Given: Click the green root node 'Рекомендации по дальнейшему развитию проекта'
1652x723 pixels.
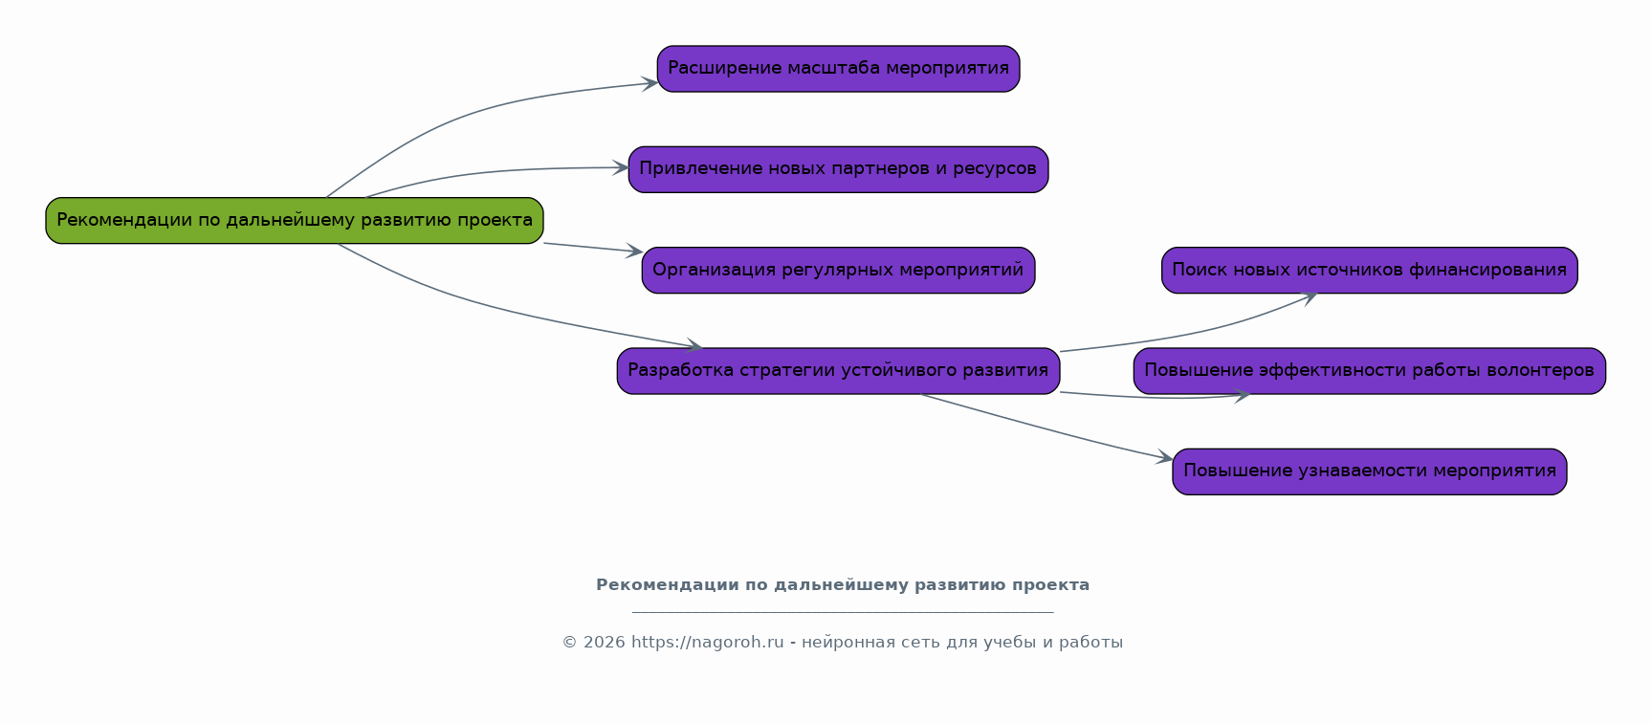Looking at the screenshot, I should tap(295, 221).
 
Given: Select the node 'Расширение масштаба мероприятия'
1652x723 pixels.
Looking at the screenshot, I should tap(838, 69).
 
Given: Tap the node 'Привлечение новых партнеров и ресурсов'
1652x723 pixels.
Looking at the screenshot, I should tap(838, 169).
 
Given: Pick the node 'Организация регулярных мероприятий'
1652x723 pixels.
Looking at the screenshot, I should tap(838, 271).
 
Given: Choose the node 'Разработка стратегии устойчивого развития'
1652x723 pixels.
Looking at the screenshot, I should tap(838, 371).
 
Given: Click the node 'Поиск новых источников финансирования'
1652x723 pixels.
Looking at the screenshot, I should tap(1369, 271).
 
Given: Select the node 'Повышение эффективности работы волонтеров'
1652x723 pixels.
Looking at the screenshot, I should tap(1369, 371).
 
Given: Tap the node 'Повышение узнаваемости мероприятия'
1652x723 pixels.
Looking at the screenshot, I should tap(1369, 471).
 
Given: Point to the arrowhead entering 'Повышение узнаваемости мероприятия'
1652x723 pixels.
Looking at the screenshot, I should tap(1165, 459).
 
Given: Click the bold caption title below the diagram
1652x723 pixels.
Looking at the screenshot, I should tap(842, 585).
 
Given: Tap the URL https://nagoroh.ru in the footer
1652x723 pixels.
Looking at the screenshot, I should tap(707, 643).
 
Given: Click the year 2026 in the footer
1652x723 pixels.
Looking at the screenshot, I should tap(604, 643).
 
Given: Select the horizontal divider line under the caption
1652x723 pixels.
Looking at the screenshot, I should tap(842, 612).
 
